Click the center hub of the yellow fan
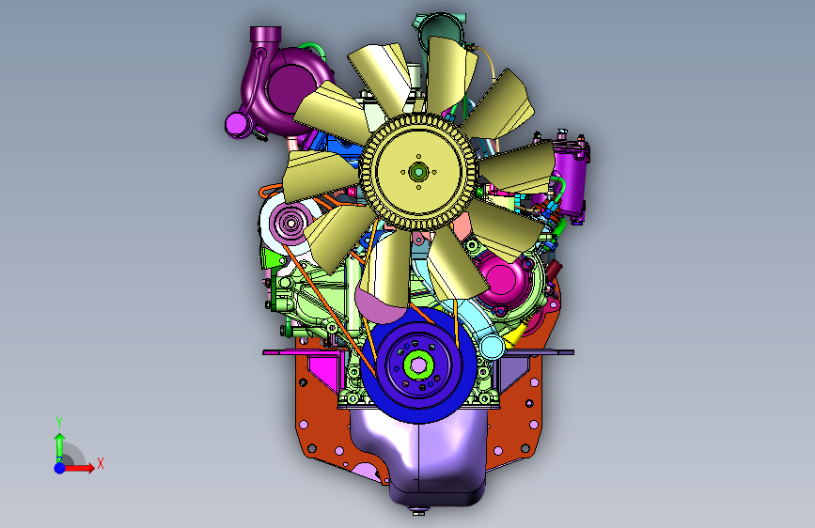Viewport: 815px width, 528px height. (418, 172)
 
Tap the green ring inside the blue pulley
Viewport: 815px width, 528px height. (418, 365)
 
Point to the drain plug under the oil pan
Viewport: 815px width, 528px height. (418, 511)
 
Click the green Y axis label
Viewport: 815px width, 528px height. (59, 423)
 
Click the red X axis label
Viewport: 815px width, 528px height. (101, 463)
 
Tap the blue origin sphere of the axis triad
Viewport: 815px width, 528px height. (60, 468)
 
